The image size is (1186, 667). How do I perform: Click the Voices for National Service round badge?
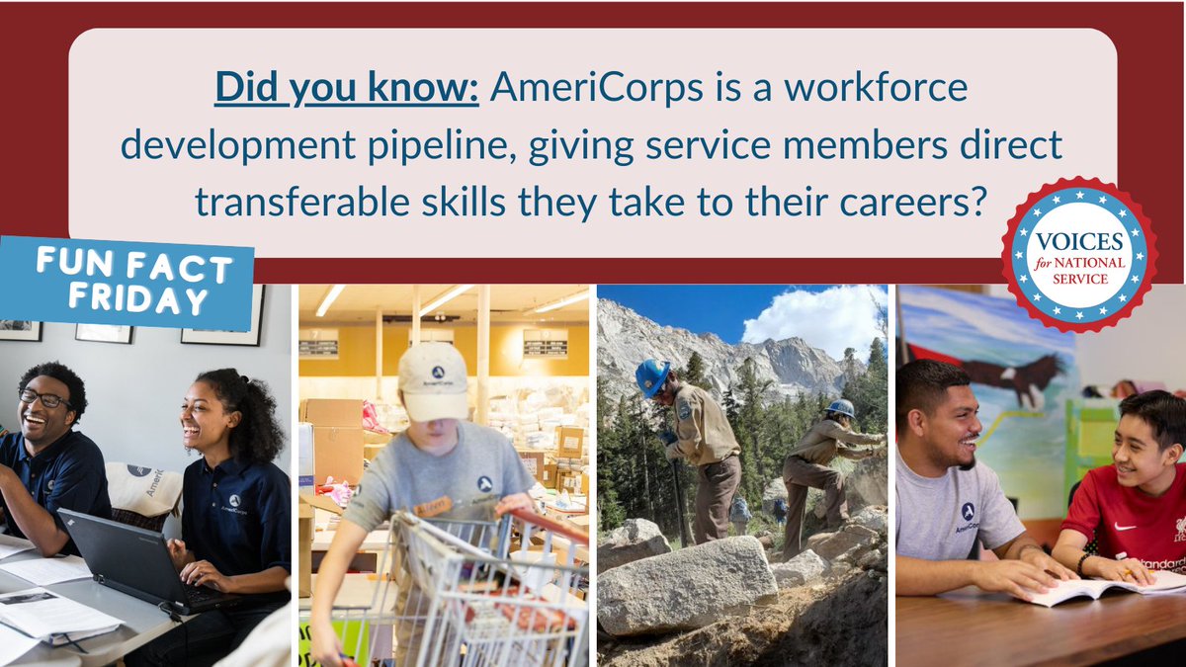tap(1078, 254)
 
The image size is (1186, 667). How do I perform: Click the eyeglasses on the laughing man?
tap(43, 398)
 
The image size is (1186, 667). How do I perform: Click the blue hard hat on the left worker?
tap(652, 376)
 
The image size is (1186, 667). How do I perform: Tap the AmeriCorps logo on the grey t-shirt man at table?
tap(967, 514)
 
